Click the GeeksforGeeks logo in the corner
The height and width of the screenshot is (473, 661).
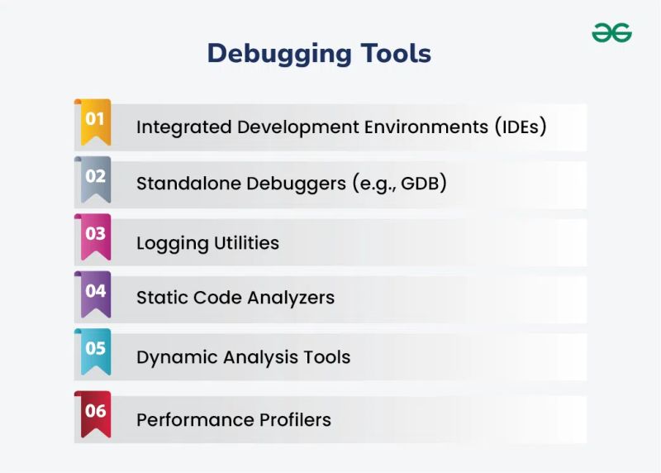click(611, 32)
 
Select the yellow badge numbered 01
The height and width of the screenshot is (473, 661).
click(95, 120)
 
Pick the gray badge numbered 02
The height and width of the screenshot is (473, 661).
click(95, 176)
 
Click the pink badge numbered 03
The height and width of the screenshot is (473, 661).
click(95, 234)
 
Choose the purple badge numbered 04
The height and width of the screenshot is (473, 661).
click(95, 291)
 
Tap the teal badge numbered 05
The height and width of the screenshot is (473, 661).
click(95, 349)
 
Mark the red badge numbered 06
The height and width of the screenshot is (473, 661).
click(95, 411)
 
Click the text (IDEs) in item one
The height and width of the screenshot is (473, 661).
click(521, 127)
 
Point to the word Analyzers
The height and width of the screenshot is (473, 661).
click(292, 298)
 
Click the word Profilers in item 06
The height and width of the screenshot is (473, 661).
click(291, 419)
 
